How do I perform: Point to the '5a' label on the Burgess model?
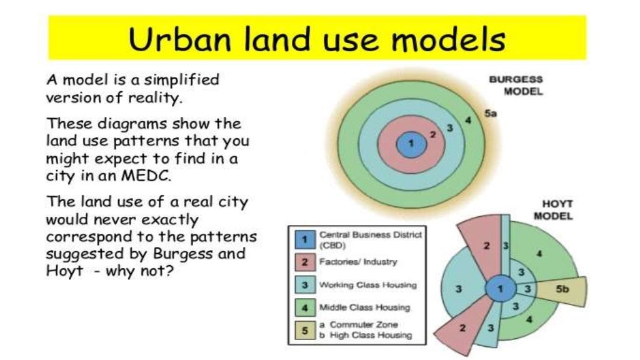tap(490, 113)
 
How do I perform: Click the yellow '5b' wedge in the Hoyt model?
tap(564, 289)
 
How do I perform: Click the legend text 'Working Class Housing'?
tap(367, 285)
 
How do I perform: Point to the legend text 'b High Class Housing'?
tap(366, 335)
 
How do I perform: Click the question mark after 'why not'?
tap(168, 272)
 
